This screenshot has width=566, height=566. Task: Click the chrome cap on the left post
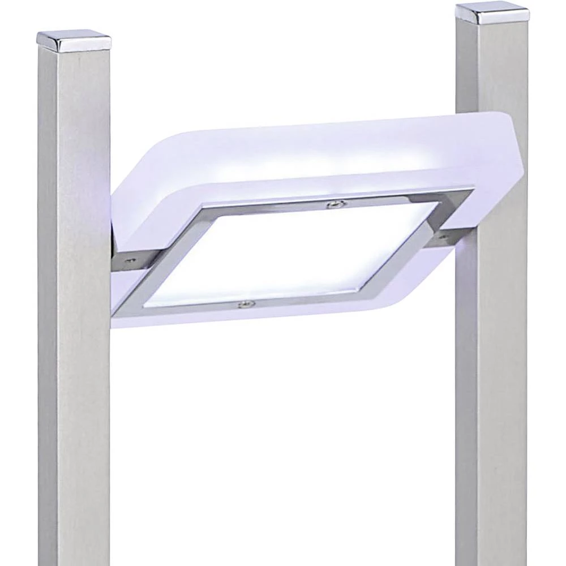(x=74, y=41)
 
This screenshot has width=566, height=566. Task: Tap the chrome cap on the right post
(x=492, y=14)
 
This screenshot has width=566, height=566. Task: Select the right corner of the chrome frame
(x=464, y=196)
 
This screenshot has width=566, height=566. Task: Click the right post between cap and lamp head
(x=490, y=68)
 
